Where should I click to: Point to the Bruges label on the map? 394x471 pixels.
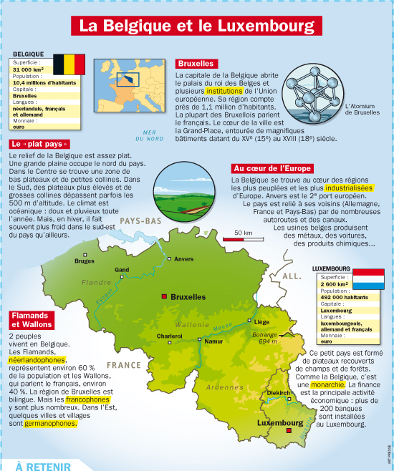click(x=85, y=261)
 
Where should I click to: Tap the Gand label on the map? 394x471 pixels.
click(x=122, y=270)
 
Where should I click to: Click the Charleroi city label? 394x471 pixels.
click(x=170, y=336)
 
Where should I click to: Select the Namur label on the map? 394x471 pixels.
click(x=213, y=341)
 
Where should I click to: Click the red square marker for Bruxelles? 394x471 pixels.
click(x=165, y=296)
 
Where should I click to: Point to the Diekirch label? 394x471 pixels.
click(x=278, y=393)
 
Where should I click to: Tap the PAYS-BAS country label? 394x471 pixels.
click(x=140, y=222)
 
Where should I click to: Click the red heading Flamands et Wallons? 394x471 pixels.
click(x=32, y=320)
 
